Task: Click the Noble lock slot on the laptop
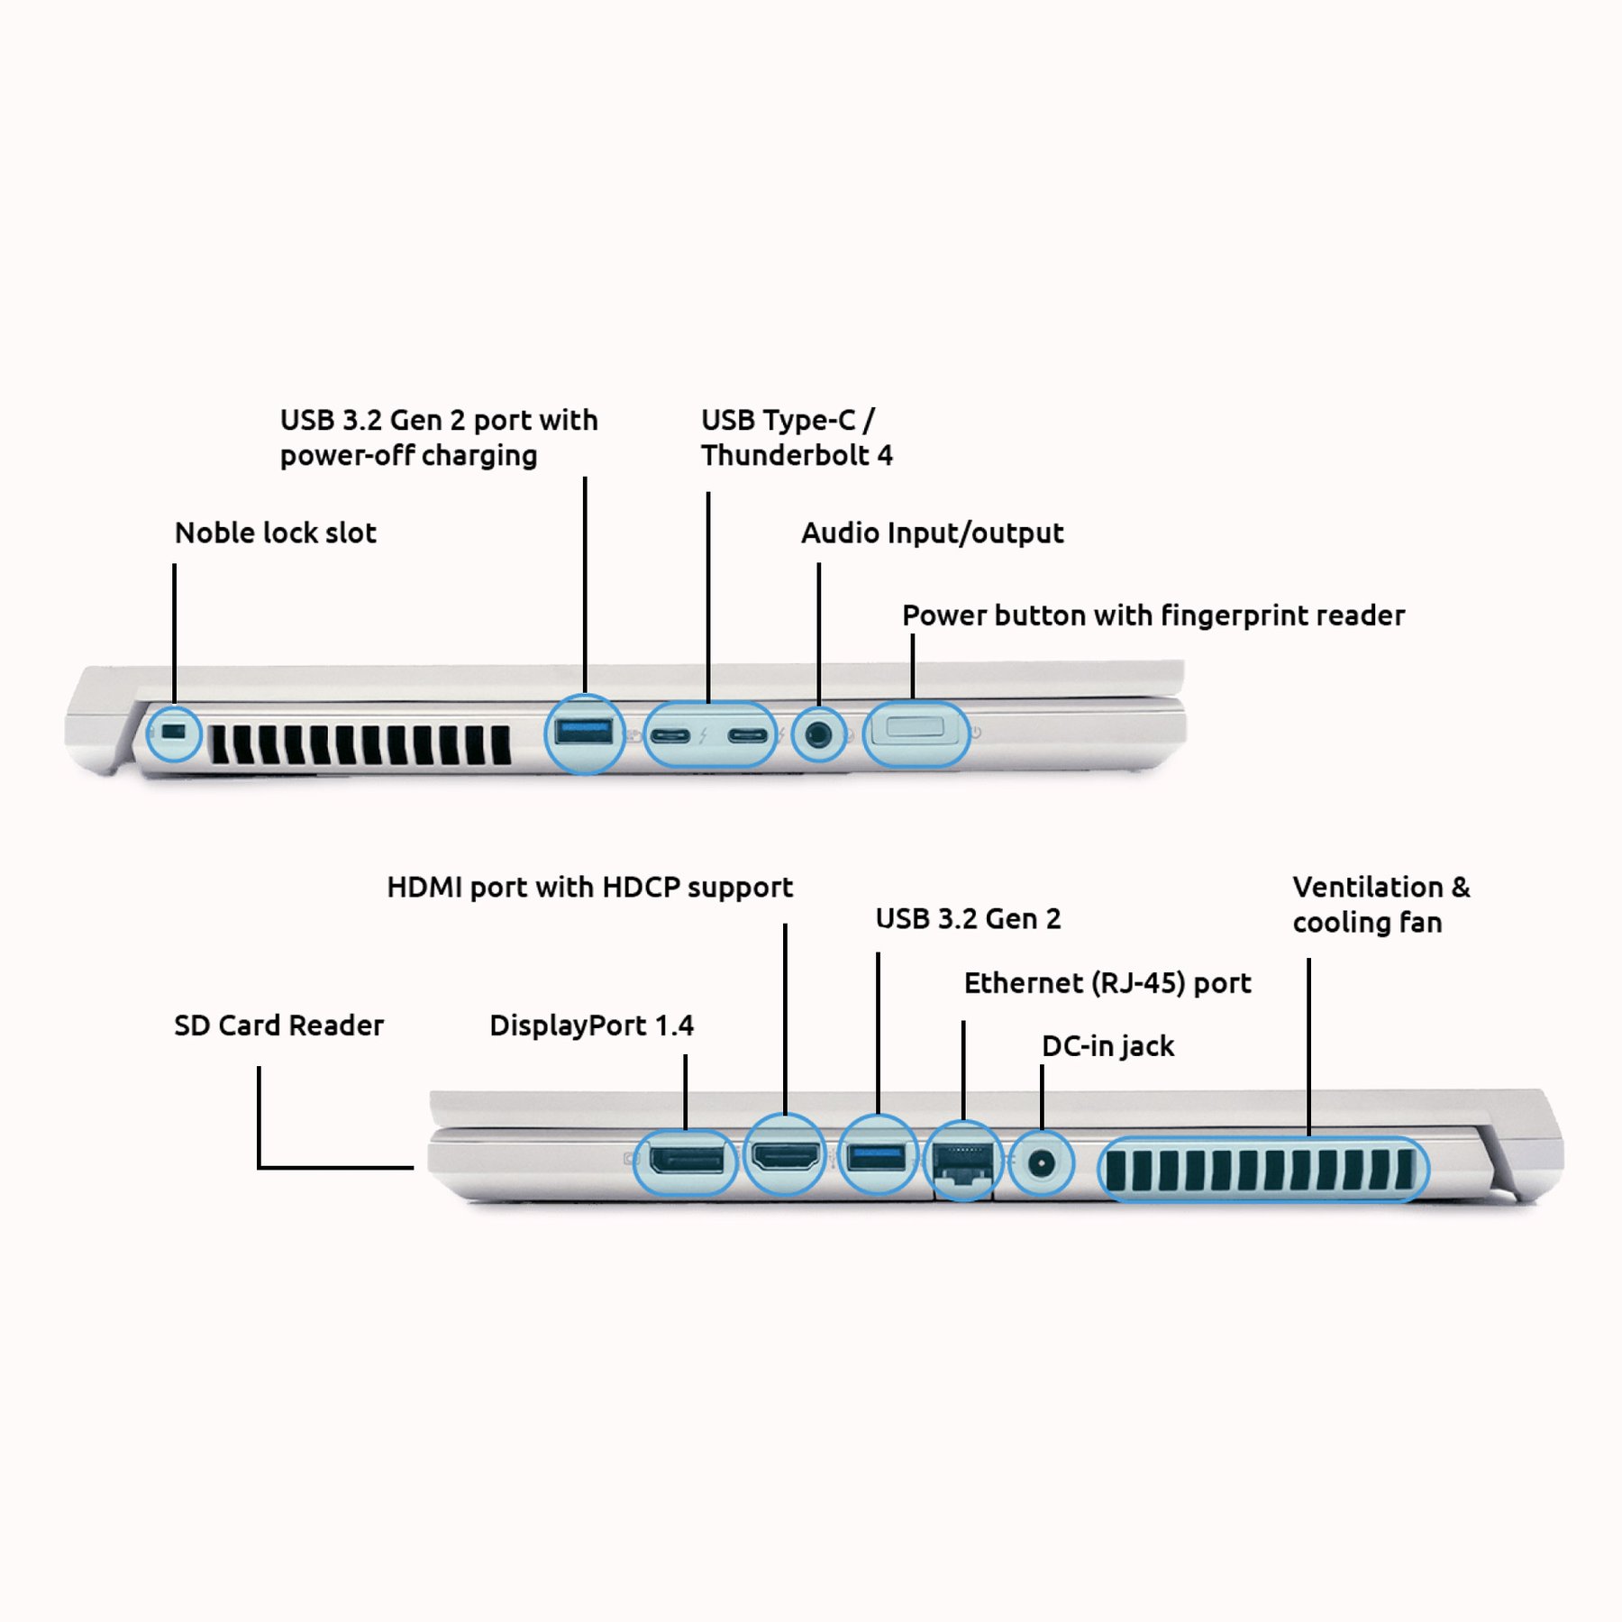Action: click(174, 732)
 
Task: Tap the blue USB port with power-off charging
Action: click(585, 731)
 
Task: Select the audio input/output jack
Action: click(818, 734)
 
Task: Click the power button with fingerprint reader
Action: click(915, 728)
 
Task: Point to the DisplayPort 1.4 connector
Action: click(687, 1159)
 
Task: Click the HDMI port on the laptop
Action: click(786, 1155)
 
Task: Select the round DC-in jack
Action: click(1042, 1162)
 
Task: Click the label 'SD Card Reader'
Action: click(278, 1025)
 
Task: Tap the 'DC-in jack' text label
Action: click(1107, 1046)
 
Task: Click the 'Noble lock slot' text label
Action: click(275, 533)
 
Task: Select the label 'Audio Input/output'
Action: click(932, 533)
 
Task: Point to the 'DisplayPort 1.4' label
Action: click(591, 1025)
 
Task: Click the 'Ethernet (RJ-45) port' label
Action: click(1107, 983)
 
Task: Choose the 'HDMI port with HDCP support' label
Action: click(589, 888)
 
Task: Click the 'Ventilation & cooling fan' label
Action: click(1380, 905)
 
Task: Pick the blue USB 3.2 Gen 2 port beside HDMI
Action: click(877, 1155)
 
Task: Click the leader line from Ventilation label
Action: click(1308, 1045)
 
